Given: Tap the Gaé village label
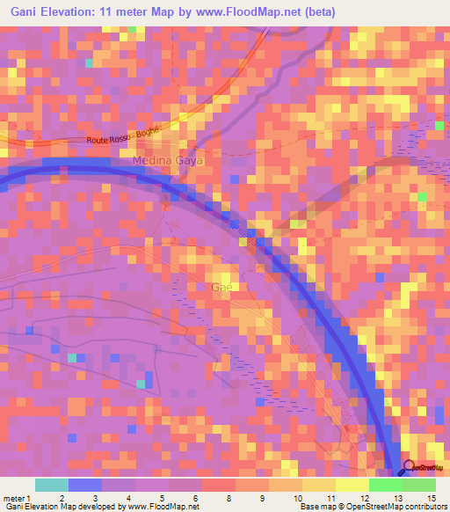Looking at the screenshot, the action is (221, 288).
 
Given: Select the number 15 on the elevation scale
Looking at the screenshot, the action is (432, 498).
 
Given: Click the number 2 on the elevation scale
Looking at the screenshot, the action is (61, 498).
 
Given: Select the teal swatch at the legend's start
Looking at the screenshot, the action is (52, 485).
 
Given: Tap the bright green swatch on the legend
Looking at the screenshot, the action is (386, 485).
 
